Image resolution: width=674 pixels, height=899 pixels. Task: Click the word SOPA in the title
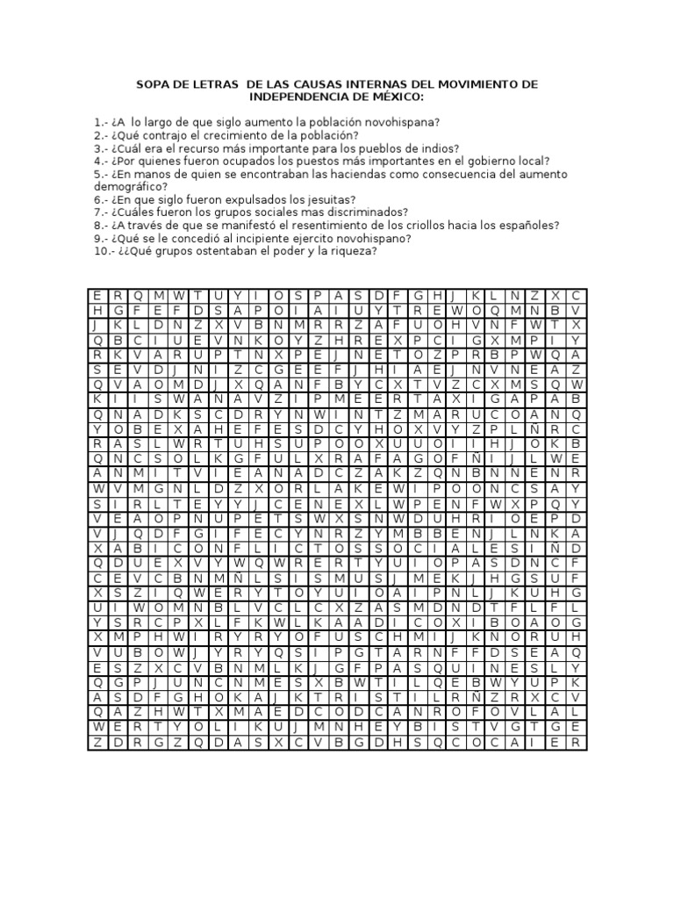point(154,83)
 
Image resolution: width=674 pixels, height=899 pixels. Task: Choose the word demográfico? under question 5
point(127,186)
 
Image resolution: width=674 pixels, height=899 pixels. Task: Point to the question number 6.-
point(100,199)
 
